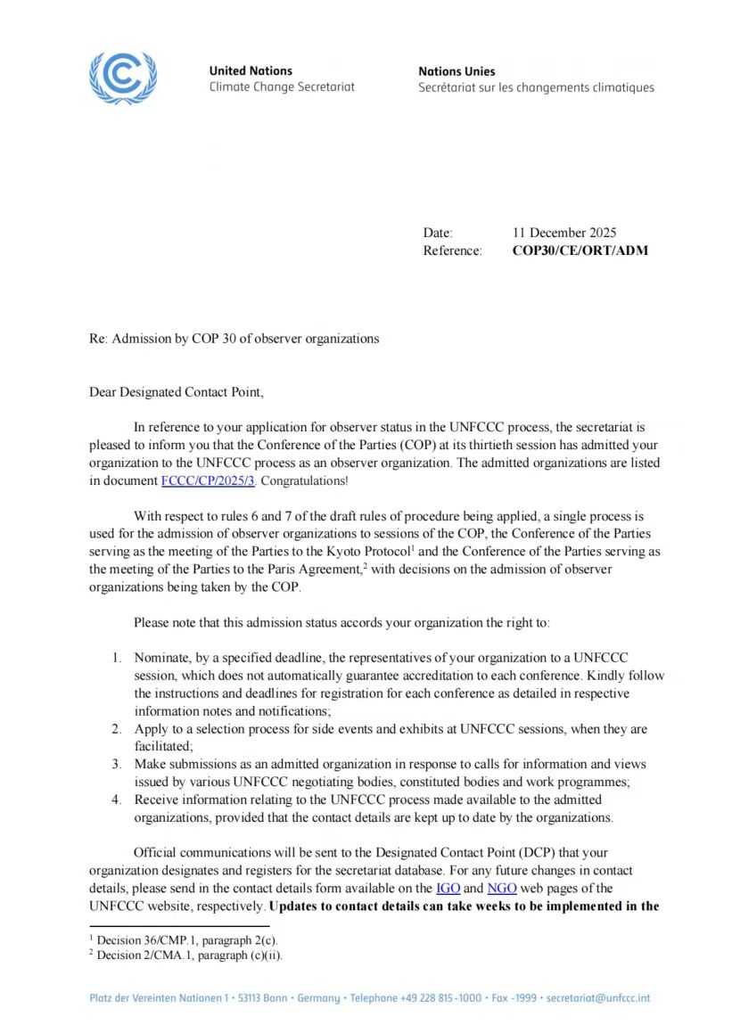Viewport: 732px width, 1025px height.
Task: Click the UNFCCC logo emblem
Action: pyautogui.click(x=123, y=78)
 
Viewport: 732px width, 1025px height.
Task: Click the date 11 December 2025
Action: pyautogui.click(x=564, y=234)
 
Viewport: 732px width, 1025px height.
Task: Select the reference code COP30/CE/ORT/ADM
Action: pyautogui.click(x=580, y=250)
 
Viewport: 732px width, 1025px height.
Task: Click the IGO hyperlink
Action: pyautogui.click(x=448, y=889)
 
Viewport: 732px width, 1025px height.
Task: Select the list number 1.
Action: pyautogui.click(x=116, y=658)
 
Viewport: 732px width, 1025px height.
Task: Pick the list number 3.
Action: pyautogui.click(x=116, y=764)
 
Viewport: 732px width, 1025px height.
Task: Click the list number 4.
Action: pyautogui.click(x=116, y=799)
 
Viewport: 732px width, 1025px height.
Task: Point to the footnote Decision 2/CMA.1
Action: pyautogui.click(x=147, y=955)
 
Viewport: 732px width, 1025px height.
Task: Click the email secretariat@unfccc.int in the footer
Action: pyautogui.click(x=598, y=997)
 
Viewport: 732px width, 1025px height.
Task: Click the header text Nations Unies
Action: pyautogui.click(x=456, y=71)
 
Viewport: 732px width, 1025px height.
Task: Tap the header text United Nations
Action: pyautogui.click(x=251, y=71)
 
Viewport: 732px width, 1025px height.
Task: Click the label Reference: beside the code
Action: pyautogui.click(x=452, y=250)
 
